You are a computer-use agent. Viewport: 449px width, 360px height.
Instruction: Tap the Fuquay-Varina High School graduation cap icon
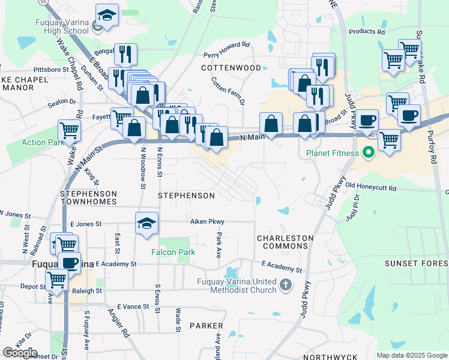tap(107, 15)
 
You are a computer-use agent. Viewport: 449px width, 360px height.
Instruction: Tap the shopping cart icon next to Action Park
tap(70, 129)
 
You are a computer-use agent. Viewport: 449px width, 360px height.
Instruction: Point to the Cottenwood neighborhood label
tap(231, 68)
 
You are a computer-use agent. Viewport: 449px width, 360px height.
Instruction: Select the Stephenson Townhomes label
tap(89, 198)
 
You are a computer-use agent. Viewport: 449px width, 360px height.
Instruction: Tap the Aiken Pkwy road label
tap(207, 221)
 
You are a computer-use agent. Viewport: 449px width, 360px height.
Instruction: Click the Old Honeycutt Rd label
tap(370, 188)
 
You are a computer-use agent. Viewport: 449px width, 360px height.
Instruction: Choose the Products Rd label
tap(366, 31)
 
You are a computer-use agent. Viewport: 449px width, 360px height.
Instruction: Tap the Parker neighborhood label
tap(206, 326)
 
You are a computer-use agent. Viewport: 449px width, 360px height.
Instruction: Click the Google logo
tap(20, 352)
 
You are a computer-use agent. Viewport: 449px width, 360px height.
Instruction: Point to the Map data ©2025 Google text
tap(412, 355)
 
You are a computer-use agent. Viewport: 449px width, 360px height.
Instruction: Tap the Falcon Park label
tap(173, 252)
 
